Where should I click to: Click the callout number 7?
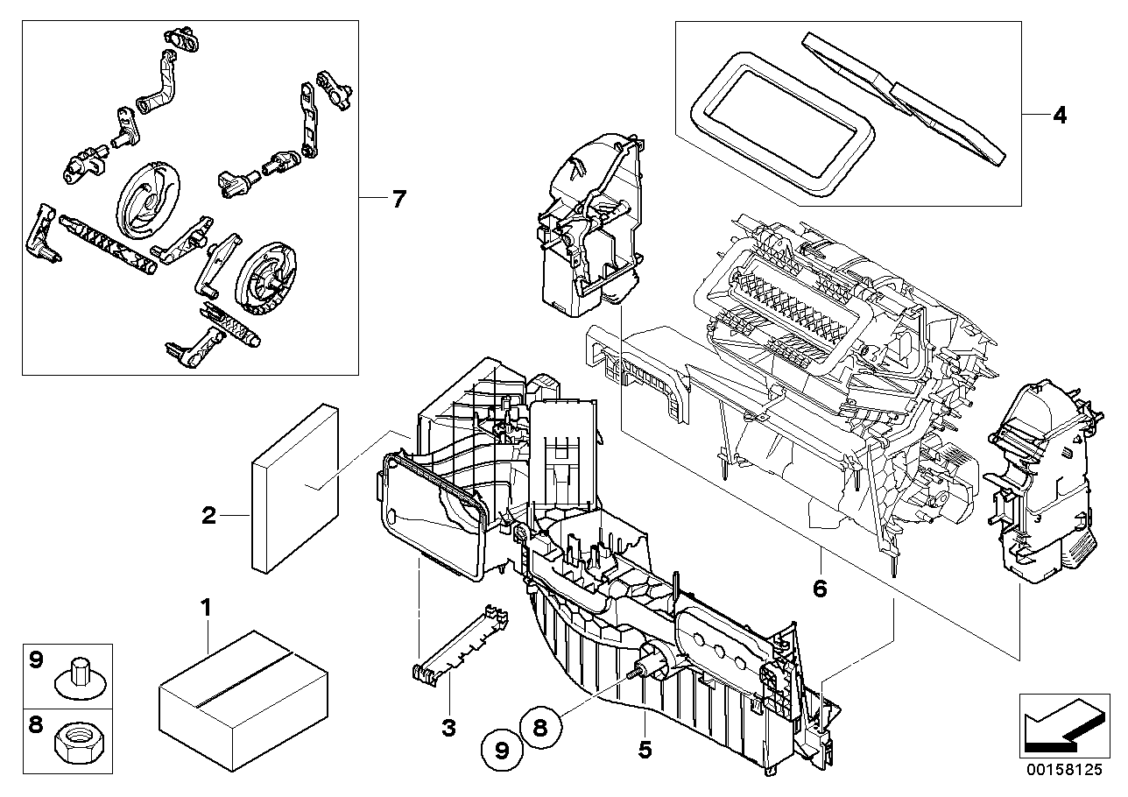(x=399, y=200)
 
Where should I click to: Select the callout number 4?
(x=1060, y=115)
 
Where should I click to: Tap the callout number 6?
(x=820, y=588)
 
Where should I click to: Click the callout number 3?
(x=448, y=728)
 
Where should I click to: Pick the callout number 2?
(x=208, y=516)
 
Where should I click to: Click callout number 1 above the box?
(x=207, y=606)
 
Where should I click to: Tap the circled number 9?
(x=500, y=750)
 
